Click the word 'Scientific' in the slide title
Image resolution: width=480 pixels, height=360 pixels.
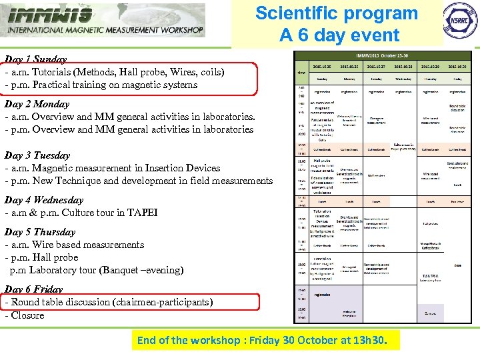[x=297, y=13]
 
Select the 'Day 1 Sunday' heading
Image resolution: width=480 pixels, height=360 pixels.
[x=35, y=59]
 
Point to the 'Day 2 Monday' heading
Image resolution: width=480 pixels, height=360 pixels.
[x=37, y=104]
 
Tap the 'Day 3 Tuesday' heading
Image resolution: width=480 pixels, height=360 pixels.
[x=37, y=155]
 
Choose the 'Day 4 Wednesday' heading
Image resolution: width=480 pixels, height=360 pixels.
[x=44, y=200]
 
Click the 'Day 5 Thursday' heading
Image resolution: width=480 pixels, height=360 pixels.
[x=40, y=232]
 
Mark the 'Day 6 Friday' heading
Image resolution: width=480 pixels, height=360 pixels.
[x=33, y=289]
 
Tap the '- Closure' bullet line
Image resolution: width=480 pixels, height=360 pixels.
[x=25, y=315]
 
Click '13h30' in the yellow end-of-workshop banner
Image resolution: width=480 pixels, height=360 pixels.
[x=380, y=341]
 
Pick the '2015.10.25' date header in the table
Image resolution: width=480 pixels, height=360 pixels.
[x=322, y=67]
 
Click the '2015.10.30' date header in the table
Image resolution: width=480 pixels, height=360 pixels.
[x=457, y=67]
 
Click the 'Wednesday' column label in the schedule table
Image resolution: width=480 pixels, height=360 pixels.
[x=403, y=79]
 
